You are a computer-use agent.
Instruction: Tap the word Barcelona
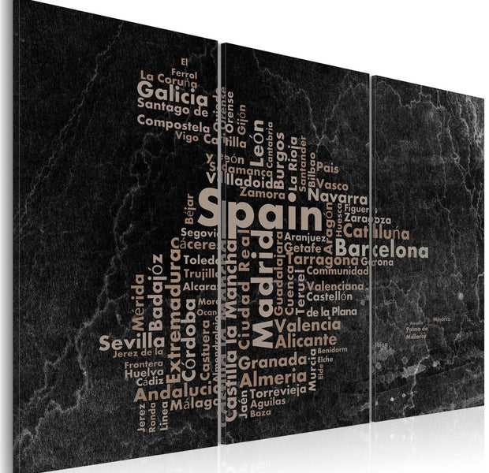387,251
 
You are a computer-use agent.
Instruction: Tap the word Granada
272,362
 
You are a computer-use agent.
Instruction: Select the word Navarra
338,198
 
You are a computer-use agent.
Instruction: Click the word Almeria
268,378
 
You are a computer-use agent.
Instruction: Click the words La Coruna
168,77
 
